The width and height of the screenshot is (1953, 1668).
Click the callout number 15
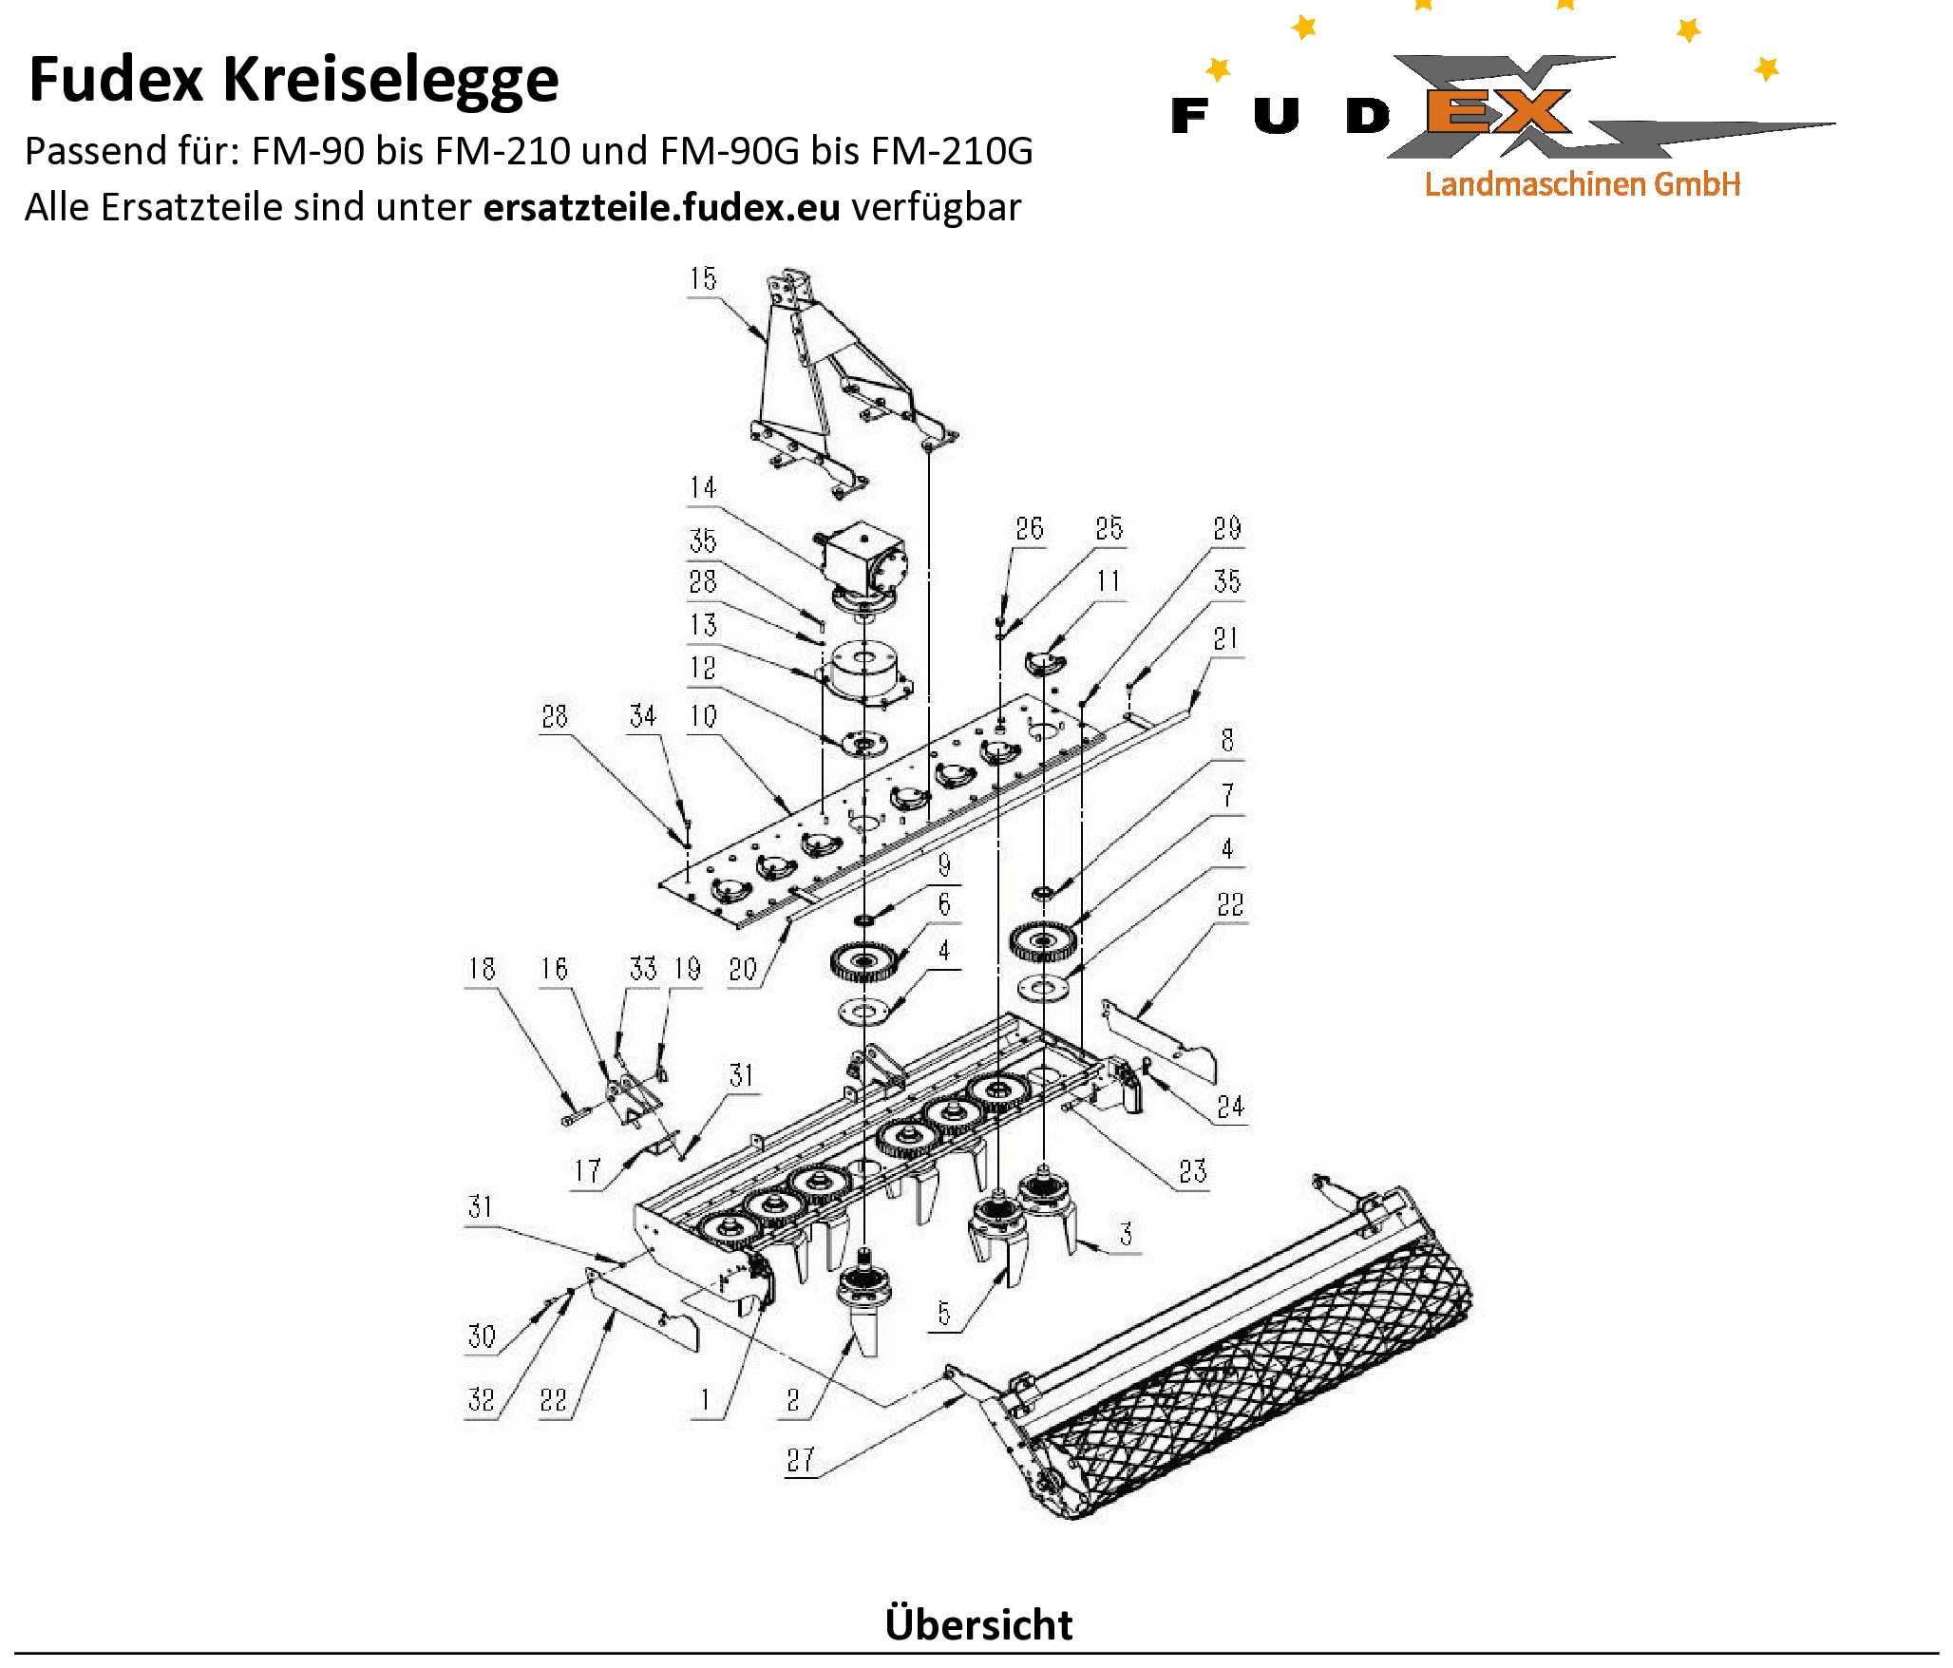(702, 279)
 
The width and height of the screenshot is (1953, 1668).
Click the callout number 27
(801, 1460)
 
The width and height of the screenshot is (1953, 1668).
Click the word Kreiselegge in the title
(390, 80)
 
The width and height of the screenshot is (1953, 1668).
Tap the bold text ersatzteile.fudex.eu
(661, 207)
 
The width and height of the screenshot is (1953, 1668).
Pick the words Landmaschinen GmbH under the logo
(1582, 184)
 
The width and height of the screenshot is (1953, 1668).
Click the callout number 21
(1225, 638)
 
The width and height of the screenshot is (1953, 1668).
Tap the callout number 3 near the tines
(1126, 1235)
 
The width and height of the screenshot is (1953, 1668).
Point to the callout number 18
(482, 969)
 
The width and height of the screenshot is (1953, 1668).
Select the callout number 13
(702, 625)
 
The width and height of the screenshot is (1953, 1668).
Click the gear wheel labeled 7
(1043, 940)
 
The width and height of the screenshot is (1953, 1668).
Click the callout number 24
(1229, 1107)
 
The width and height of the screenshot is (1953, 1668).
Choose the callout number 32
(481, 1399)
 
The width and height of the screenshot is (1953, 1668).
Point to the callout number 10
(702, 716)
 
